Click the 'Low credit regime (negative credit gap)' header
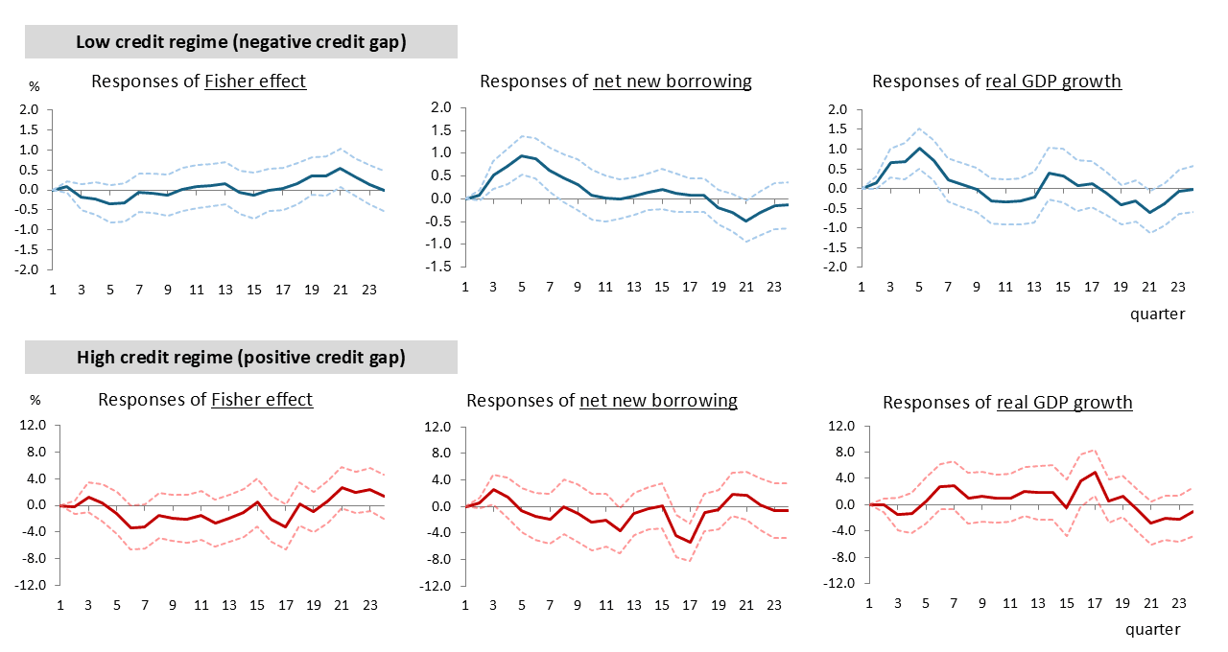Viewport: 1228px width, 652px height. (241, 42)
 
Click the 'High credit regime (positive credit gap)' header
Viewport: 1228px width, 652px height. (241, 358)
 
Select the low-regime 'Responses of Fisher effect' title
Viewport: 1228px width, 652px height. (199, 81)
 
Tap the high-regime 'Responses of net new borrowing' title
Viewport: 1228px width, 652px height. (601, 400)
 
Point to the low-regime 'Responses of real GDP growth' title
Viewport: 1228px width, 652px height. (997, 81)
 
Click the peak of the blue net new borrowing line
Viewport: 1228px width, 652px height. (521, 155)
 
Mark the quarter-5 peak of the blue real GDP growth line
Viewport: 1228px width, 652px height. (920, 148)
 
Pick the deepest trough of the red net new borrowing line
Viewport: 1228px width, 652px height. (691, 542)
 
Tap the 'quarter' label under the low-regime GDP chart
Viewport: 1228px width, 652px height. (1157, 314)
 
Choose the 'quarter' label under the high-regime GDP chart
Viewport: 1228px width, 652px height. (1152, 629)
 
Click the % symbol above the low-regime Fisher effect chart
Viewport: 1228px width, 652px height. (35, 86)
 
